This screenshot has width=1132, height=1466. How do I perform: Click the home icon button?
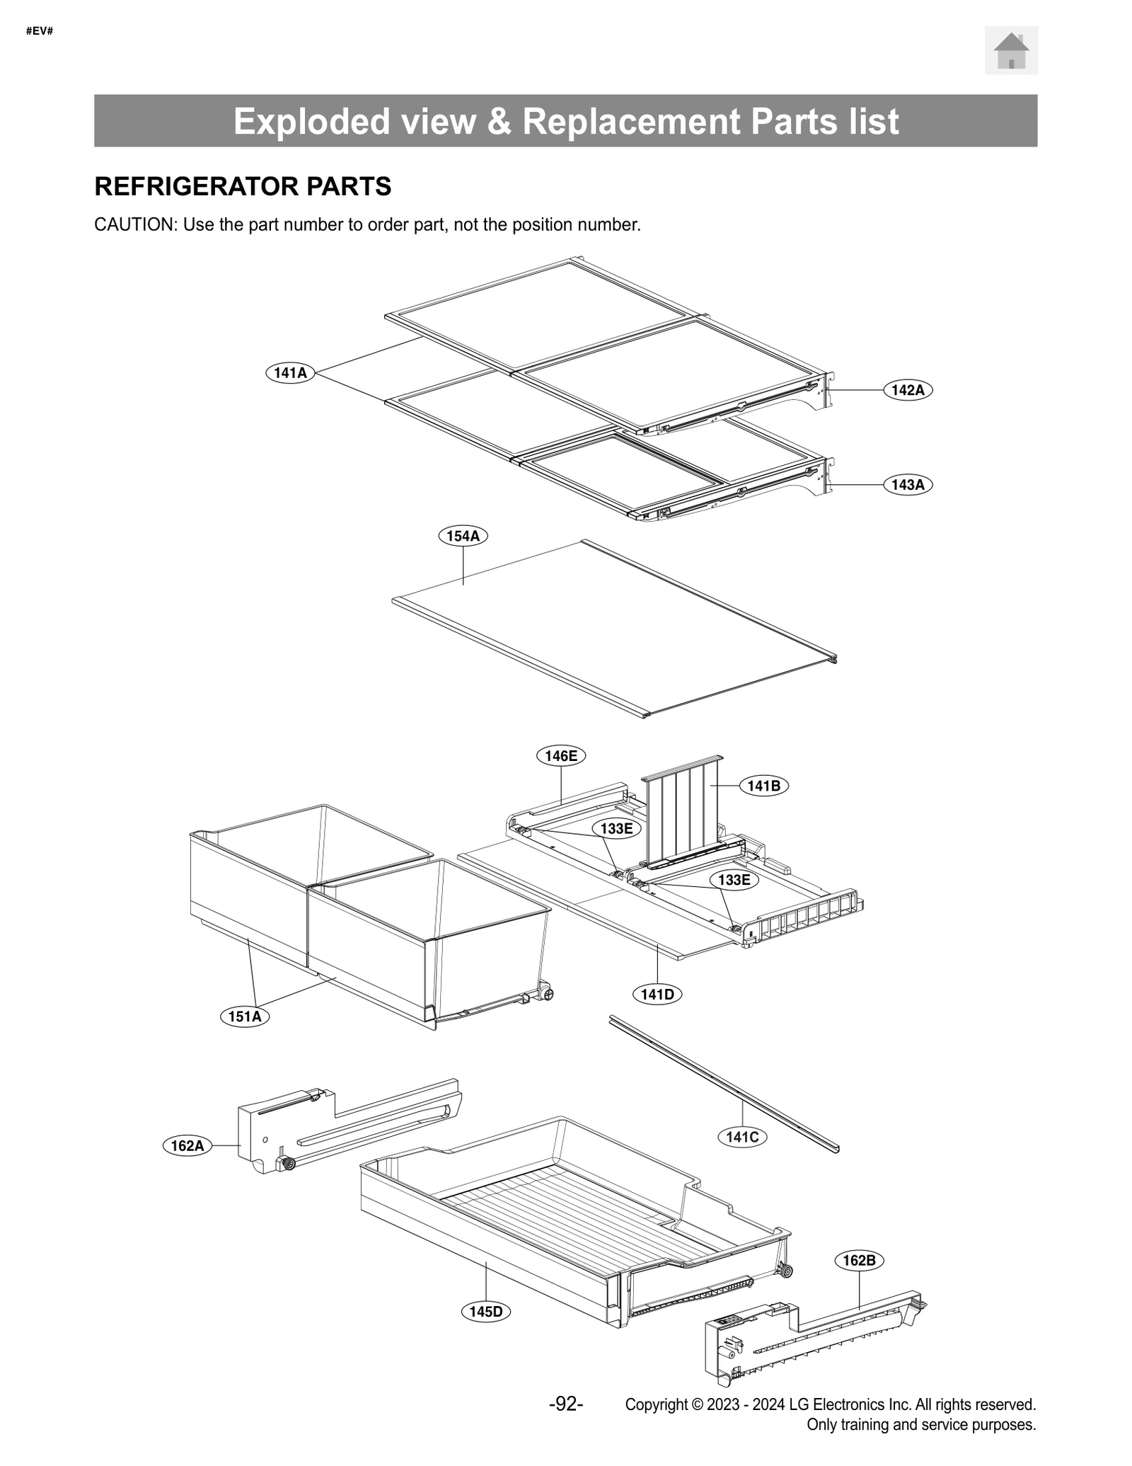pos(1010,50)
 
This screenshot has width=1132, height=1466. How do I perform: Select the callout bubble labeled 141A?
pos(290,372)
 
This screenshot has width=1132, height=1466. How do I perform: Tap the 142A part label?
pos(908,390)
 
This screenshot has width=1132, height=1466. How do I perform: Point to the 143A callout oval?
pos(908,485)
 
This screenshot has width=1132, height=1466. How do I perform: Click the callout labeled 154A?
pos(463,536)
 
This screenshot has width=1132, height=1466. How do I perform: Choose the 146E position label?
pos(561,756)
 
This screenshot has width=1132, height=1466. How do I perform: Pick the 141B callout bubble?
pos(763,786)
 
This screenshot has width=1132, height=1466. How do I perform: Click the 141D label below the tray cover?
pos(657,995)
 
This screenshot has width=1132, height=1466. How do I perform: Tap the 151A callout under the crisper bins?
pos(245,1017)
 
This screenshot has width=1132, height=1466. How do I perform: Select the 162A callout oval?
pos(187,1145)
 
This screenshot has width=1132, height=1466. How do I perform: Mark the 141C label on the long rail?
pos(742,1137)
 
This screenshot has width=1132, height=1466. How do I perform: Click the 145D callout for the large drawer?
pos(486,1312)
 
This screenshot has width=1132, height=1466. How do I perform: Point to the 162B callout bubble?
pos(859,1260)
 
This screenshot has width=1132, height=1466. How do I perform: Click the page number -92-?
pos(566,1404)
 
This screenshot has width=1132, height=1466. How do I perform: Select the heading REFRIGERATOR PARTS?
pos(243,186)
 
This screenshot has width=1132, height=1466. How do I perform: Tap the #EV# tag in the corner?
pos(40,32)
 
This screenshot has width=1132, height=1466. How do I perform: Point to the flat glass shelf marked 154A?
pos(608,630)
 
